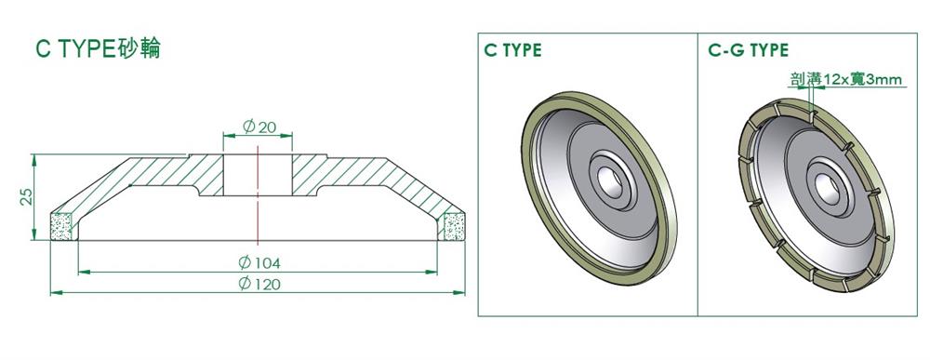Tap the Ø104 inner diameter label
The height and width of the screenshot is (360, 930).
(x=259, y=262)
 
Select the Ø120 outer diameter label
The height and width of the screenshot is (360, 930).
(x=259, y=284)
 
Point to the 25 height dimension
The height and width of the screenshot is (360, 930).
(x=26, y=196)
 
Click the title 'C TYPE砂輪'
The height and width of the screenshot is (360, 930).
(x=98, y=49)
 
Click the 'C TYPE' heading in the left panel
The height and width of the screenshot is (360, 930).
(x=512, y=50)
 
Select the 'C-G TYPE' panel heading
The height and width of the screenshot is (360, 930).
(x=748, y=50)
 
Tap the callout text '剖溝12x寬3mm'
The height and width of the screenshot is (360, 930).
(x=845, y=79)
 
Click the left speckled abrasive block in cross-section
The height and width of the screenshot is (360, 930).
(x=61, y=226)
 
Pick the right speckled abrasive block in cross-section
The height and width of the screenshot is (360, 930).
(x=454, y=226)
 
